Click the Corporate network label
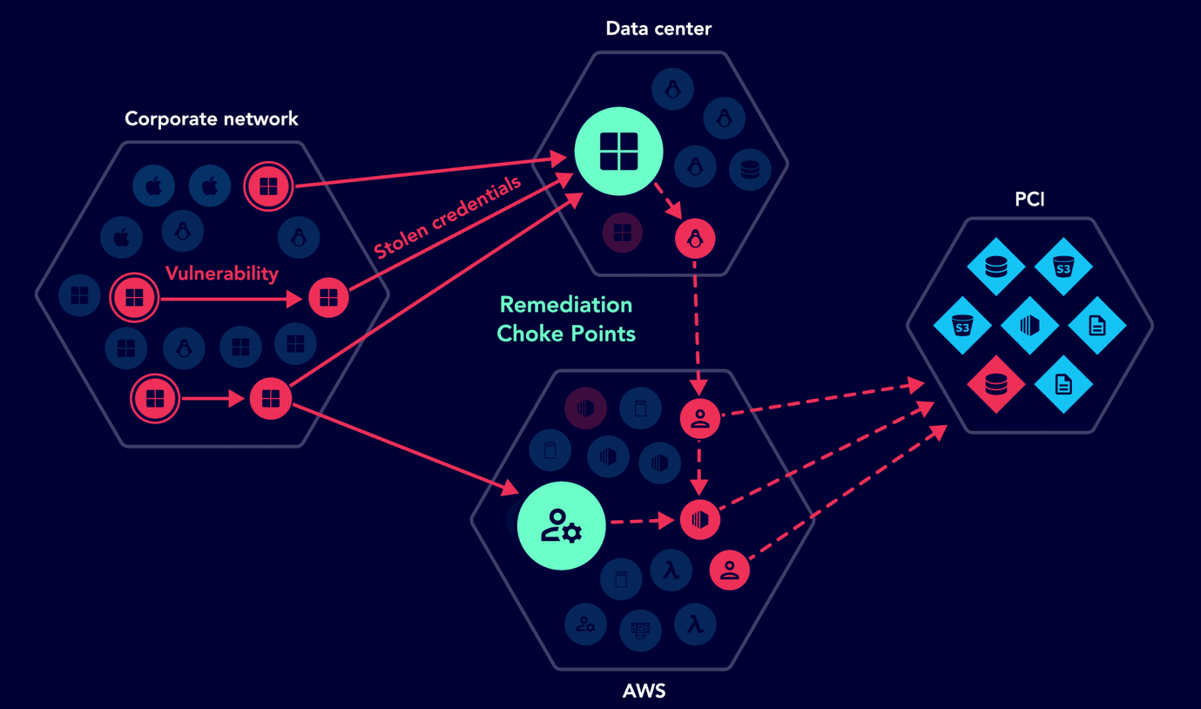click(211, 119)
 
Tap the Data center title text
click(658, 29)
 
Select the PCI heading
click(1029, 199)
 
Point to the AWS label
click(644, 692)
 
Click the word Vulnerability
click(222, 273)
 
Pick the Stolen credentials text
click(448, 217)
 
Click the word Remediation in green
click(566, 305)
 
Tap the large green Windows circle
click(618, 152)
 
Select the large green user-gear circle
click(561, 526)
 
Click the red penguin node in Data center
click(695, 239)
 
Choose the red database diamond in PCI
click(995, 384)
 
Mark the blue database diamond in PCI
click(995, 267)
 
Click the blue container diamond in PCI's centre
click(1029, 325)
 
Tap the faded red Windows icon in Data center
click(622, 233)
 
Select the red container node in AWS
click(699, 520)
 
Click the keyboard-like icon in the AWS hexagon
click(640, 630)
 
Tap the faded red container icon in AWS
click(585, 407)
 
